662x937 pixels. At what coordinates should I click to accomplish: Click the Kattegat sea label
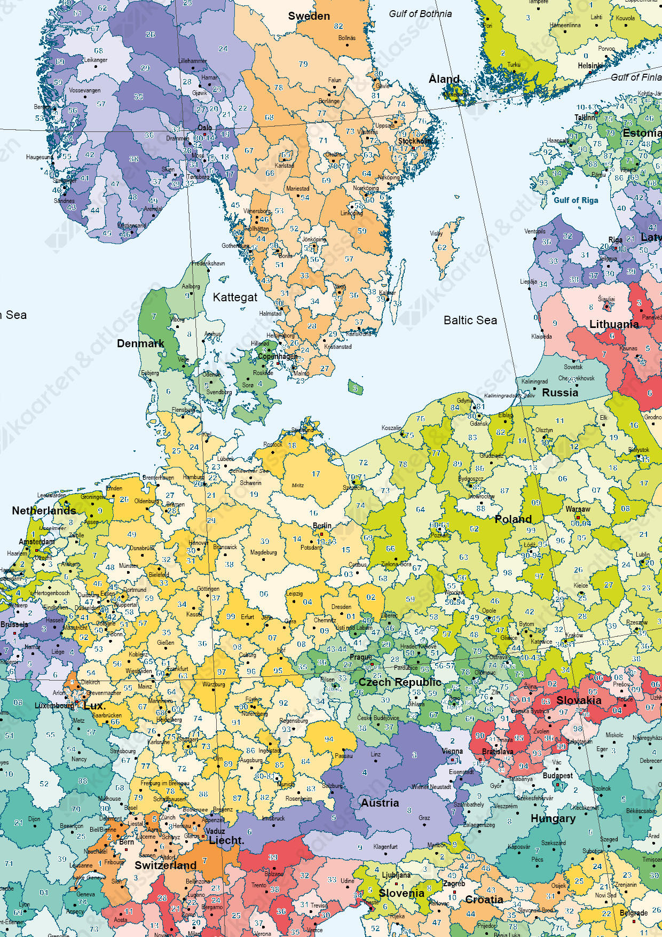click(x=235, y=298)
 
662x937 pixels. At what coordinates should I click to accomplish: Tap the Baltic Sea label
click(x=470, y=320)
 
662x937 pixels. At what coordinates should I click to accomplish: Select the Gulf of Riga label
click(x=576, y=200)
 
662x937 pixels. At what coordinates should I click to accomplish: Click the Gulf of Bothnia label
click(x=420, y=14)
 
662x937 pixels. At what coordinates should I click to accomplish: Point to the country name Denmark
click(x=140, y=343)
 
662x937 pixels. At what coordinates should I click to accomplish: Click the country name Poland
click(x=513, y=519)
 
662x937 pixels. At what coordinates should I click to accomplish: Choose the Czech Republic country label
click(x=399, y=682)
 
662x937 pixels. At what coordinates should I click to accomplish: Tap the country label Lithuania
click(x=613, y=324)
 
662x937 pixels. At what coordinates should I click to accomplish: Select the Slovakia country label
click(x=579, y=700)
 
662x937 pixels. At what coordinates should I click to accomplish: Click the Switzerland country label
click(x=165, y=865)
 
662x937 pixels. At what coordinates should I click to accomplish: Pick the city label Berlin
click(x=322, y=526)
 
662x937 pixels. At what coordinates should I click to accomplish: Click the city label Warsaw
click(x=578, y=509)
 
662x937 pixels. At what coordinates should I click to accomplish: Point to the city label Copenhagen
click(x=278, y=356)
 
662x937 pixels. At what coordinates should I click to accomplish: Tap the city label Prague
click(x=361, y=657)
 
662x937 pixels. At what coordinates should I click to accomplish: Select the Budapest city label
click(x=557, y=775)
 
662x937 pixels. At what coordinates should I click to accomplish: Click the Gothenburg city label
click(x=235, y=246)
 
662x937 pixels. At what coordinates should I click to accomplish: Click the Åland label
click(x=444, y=79)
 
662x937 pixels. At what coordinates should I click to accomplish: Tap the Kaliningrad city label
click(x=534, y=381)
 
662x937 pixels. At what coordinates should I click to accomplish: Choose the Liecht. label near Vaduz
click(x=226, y=840)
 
